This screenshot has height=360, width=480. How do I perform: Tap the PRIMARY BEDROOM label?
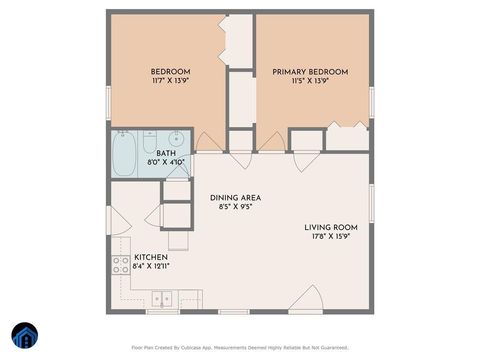pos(310,71)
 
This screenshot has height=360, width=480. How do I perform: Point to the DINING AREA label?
pos(236,198)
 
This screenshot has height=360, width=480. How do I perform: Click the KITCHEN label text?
pos(136,257)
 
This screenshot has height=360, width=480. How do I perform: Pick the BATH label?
pos(165,153)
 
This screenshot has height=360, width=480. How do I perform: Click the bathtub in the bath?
pos(124,155)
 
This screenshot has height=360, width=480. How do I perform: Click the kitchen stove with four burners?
pos(120,265)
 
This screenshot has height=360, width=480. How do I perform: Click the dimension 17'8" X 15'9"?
pos(331,237)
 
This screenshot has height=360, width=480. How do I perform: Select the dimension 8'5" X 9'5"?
pos(236,208)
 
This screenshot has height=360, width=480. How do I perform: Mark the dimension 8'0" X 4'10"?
pos(165,161)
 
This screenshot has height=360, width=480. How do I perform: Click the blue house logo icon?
pos(24,336)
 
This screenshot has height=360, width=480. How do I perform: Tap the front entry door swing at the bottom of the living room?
pos(306,297)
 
